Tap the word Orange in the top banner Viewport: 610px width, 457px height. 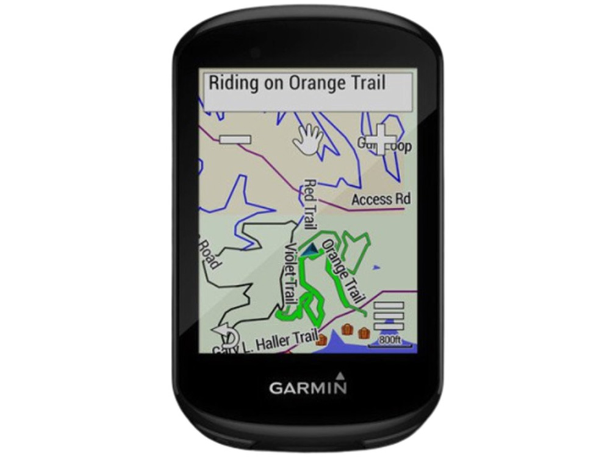(312, 83)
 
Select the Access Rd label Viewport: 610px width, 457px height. (381, 199)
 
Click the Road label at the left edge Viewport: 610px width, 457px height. (208, 253)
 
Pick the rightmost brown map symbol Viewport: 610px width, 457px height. (364, 333)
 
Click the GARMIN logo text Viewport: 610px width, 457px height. (308, 388)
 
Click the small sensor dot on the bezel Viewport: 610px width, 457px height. (254, 52)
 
